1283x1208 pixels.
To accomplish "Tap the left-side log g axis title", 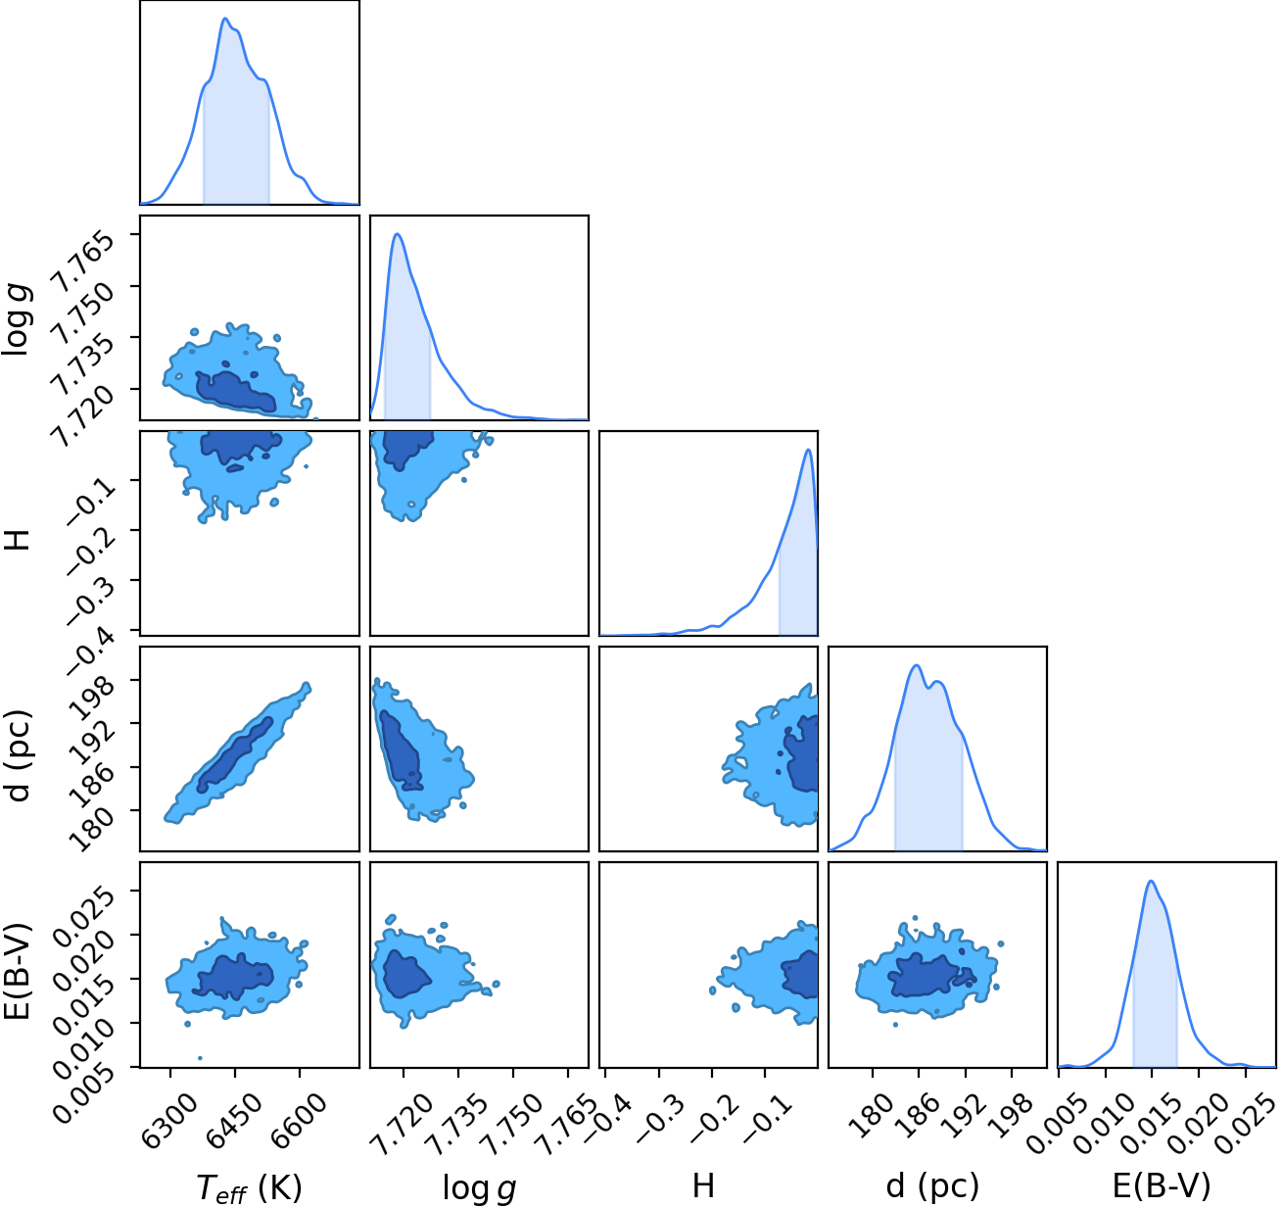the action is point(17,320).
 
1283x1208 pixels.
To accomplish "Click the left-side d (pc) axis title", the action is point(18,755).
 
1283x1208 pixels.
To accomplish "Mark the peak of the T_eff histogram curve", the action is point(225,18).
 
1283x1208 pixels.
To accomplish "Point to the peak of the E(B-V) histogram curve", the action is point(1151,881).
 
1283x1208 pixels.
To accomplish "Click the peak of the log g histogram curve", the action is point(398,234).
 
